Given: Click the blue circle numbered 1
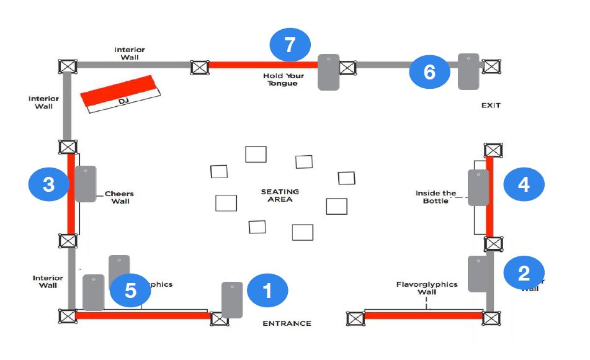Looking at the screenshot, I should (x=267, y=290).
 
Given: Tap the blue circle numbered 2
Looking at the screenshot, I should (x=524, y=272).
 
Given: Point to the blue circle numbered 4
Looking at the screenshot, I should (x=524, y=184).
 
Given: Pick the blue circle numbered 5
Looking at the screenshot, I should (x=130, y=290).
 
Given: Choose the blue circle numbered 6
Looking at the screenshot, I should (x=429, y=72).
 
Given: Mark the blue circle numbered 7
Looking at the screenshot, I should (x=290, y=45).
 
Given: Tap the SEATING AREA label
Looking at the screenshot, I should (x=280, y=196).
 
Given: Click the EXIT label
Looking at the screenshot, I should (x=491, y=106).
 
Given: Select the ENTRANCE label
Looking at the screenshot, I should (x=287, y=323).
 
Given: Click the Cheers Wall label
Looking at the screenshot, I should (x=119, y=197).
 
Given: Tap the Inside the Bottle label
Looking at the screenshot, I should (x=436, y=197).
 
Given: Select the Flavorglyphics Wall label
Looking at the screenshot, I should (x=427, y=288).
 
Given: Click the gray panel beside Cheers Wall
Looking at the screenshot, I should (x=86, y=184).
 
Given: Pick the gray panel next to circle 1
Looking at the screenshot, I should (x=232, y=300).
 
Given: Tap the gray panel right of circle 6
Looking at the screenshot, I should (x=468, y=71).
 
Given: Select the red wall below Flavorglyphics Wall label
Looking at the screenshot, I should (x=423, y=316).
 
